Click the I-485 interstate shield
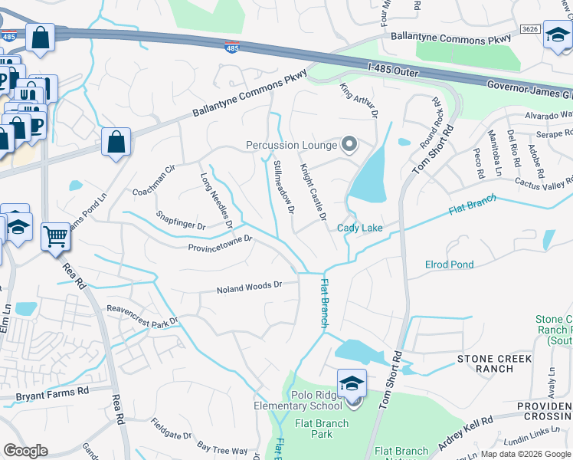(232, 48)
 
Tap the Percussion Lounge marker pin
(350, 144)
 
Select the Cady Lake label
(360, 228)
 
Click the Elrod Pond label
(449, 264)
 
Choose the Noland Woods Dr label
(249, 288)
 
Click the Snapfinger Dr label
(181, 222)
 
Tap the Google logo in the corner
(25, 451)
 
